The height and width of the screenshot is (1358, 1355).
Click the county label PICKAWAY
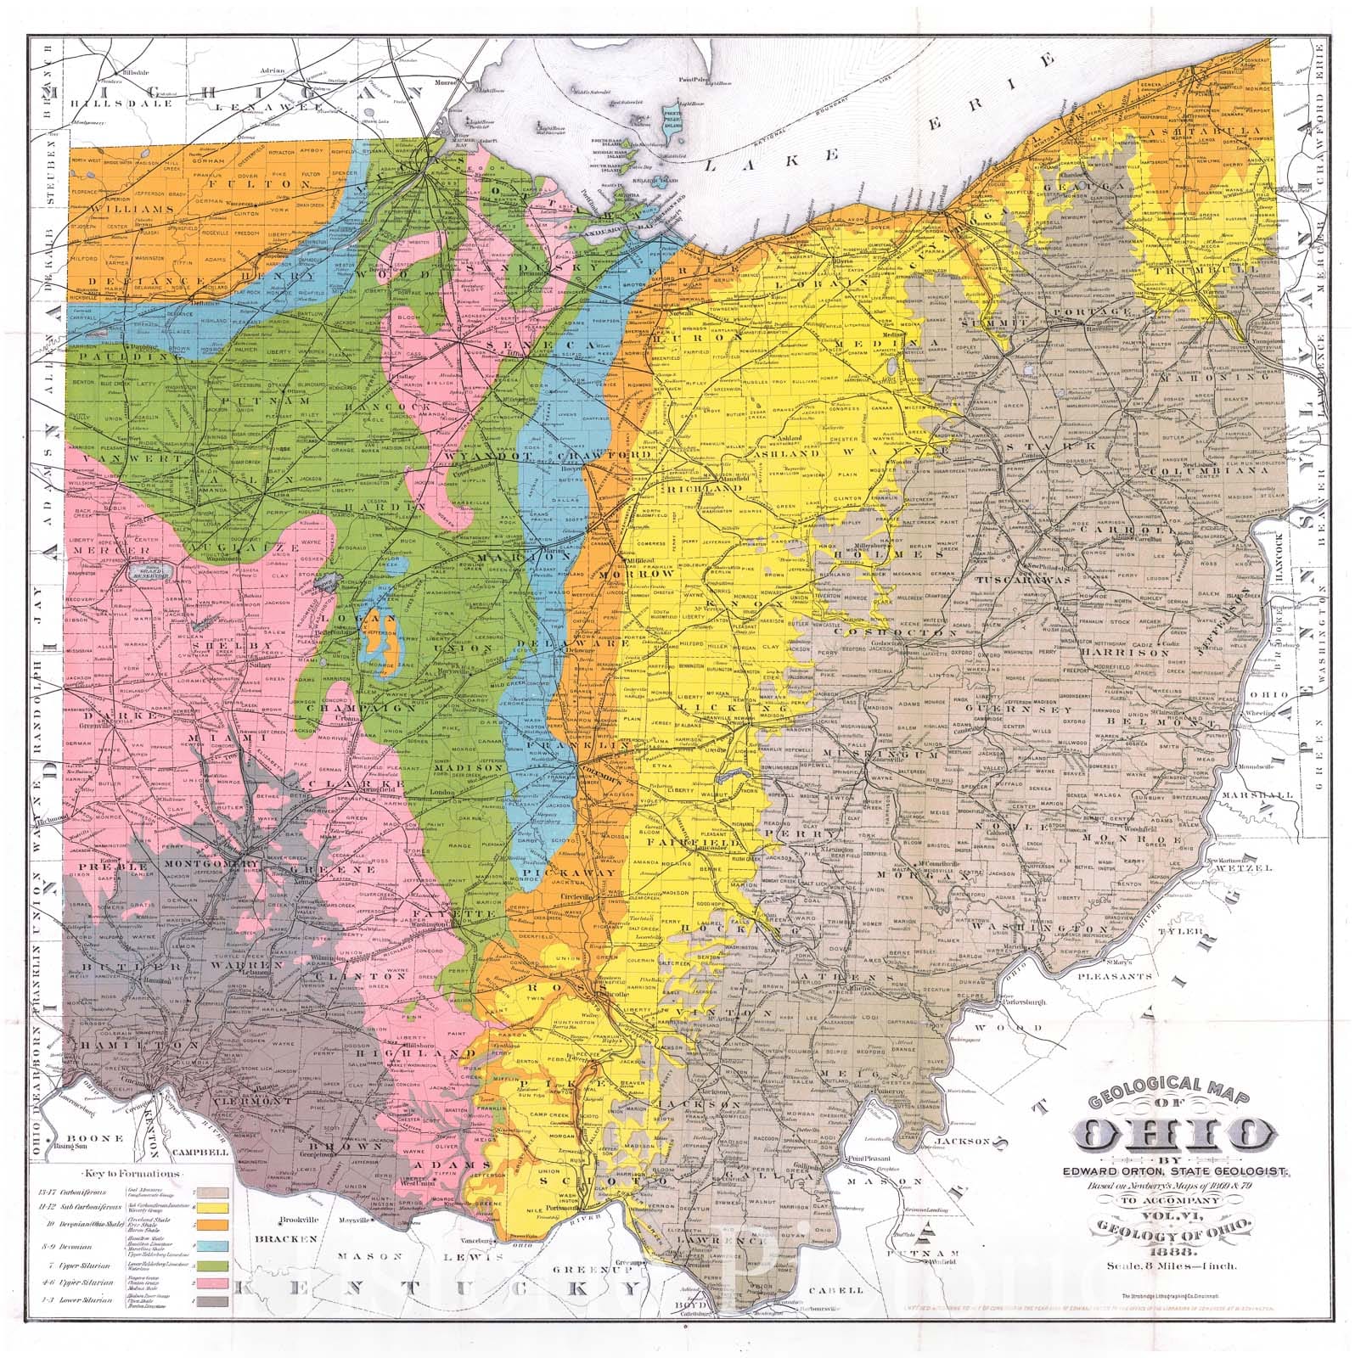coord(557,872)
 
